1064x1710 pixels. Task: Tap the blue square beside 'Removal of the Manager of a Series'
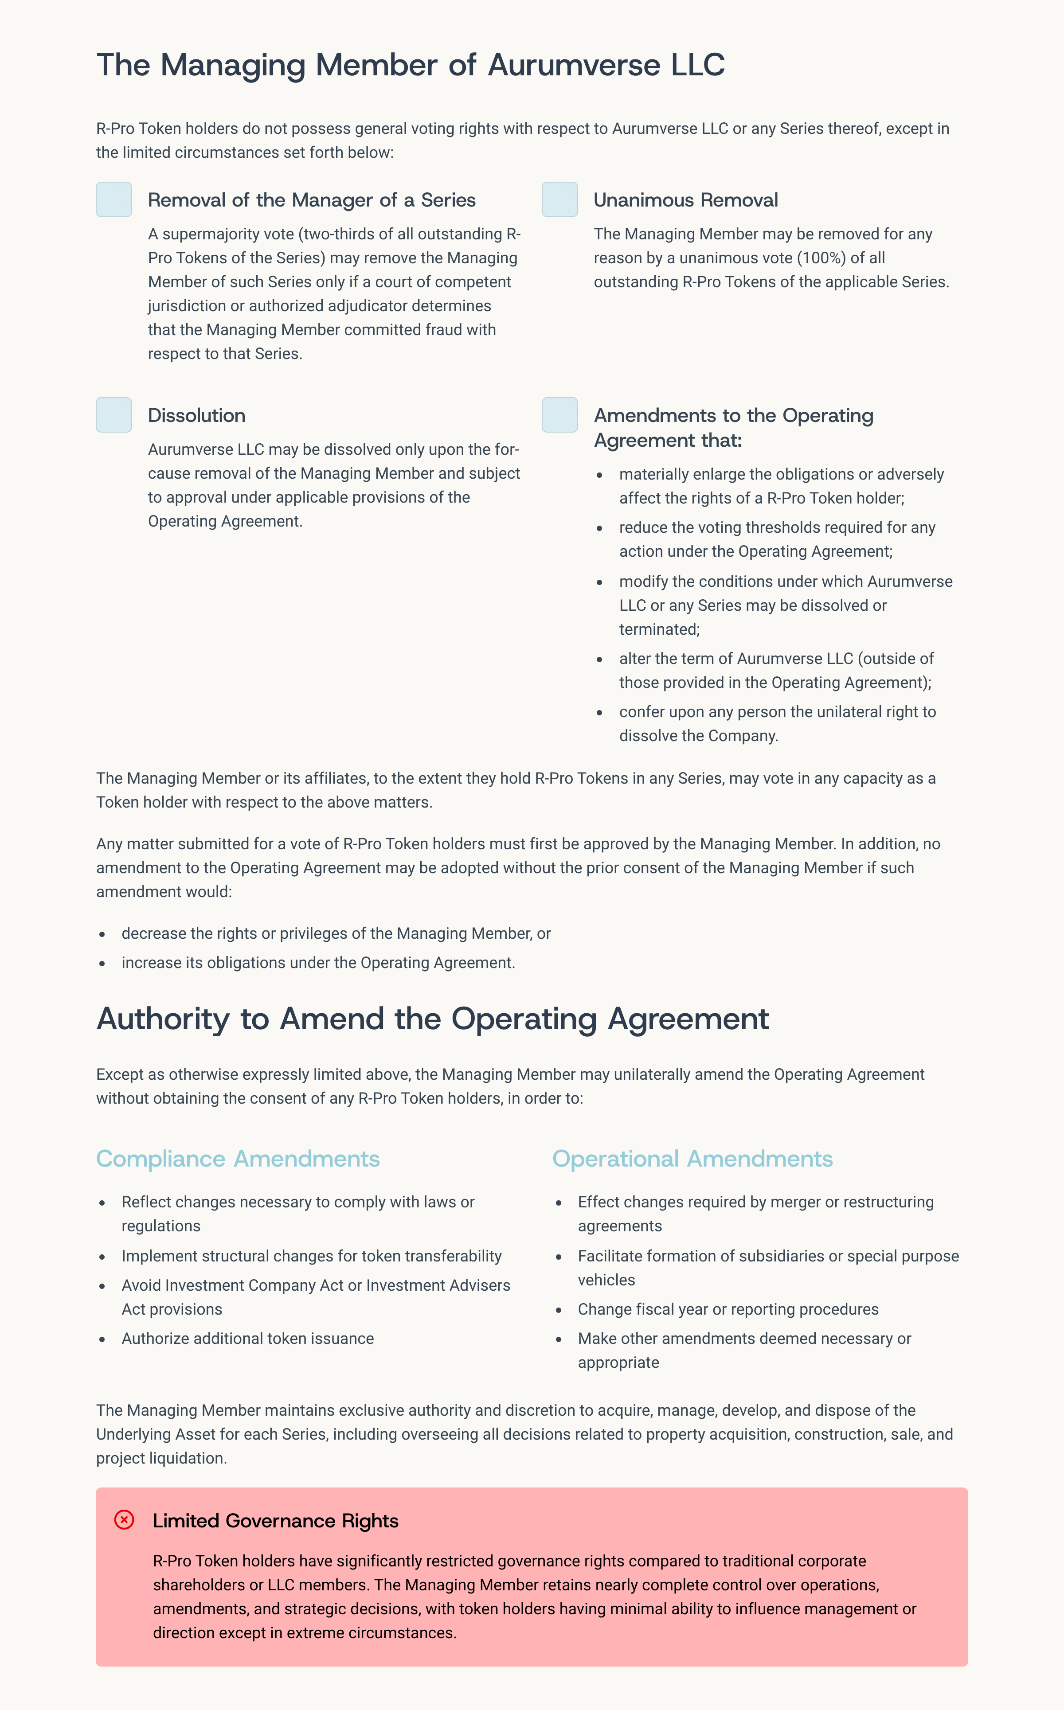coord(114,200)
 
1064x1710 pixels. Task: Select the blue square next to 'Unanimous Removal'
coord(559,200)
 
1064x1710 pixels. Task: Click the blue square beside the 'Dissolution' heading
coord(114,415)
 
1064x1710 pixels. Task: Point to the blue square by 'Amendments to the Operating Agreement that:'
coord(559,415)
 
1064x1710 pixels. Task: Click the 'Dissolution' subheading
coord(196,416)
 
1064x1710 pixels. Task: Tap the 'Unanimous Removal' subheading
coord(685,200)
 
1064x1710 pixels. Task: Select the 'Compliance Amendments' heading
coord(238,1159)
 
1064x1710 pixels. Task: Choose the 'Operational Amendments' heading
coord(692,1159)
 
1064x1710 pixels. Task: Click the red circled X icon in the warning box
coord(124,1520)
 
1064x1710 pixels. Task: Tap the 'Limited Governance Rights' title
coord(275,1521)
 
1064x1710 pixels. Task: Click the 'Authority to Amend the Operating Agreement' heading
coord(432,1019)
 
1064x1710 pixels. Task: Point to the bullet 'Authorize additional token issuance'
coord(248,1339)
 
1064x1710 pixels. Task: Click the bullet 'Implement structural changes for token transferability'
coord(311,1256)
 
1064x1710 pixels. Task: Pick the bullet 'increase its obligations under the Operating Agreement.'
coord(318,963)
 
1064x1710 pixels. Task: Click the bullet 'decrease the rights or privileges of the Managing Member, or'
coord(336,933)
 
